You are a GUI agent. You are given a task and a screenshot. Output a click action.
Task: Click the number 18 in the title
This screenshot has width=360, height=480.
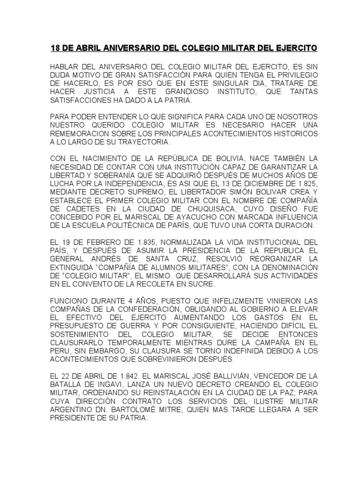(54, 48)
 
